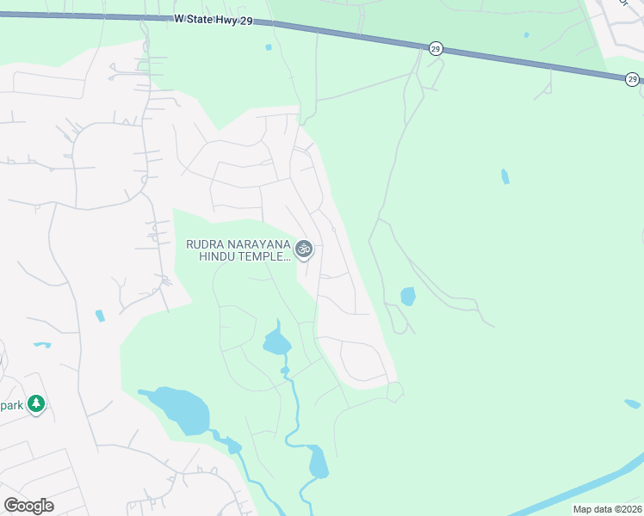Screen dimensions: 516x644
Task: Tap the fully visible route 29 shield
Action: coord(436,49)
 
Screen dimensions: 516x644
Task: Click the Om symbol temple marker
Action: coord(303,249)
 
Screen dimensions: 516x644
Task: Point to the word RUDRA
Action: coord(207,244)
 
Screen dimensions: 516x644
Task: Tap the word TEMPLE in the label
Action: coord(266,257)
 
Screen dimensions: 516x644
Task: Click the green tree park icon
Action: coord(35,403)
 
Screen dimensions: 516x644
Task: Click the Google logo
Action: coord(28,506)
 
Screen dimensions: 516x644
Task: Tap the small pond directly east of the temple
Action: coord(407,297)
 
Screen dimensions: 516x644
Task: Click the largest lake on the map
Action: coord(178,410)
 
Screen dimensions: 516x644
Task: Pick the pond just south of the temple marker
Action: coord(276,342)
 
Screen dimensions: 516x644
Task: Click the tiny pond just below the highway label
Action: coord(268,47)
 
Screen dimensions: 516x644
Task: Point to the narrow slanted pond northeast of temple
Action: coord(505,176)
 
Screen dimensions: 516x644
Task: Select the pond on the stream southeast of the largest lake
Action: coord(318,462)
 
